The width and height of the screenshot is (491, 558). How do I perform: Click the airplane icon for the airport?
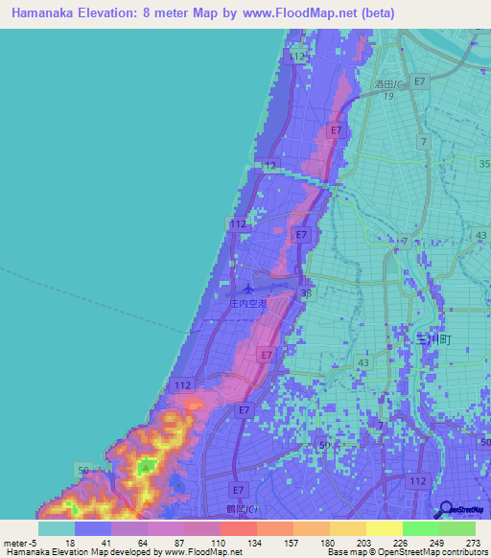tap(249, 288)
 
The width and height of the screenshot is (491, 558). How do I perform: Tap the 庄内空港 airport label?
tap(249, 303)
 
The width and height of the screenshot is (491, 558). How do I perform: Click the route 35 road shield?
tap(482, 164)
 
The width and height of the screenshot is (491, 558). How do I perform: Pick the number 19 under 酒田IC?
tap(388, 97)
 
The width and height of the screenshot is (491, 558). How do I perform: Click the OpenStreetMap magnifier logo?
tap(445, 510)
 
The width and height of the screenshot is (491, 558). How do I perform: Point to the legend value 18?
tap(71, 543)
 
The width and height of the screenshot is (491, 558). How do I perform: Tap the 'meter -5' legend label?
tap(18, 543)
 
